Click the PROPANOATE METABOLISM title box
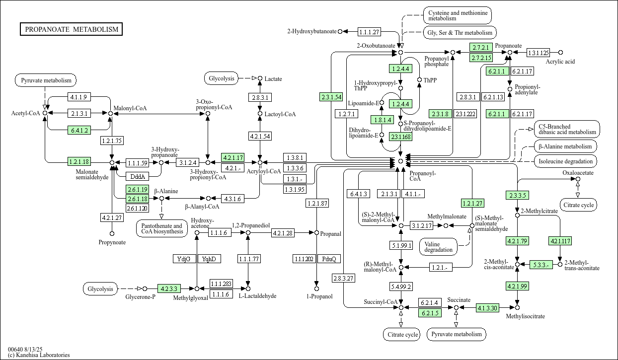coord(72,29)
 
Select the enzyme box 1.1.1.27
coord(369,32)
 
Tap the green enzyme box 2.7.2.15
coord(481,58)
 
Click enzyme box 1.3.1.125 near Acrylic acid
coord(538,52)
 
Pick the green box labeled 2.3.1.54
coord(331,97)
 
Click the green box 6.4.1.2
coord(79,131)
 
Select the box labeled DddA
coord(137,176)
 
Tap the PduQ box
coord(329,259)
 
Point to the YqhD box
coord(209,259)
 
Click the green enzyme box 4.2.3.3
coord(168,288)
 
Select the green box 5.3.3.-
coord(541,265)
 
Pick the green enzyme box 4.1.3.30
coord(487,308)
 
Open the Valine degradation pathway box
coord(439,246)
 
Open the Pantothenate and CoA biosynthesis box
coord(161,229)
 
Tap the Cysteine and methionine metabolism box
coord(457,15)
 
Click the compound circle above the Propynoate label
coord(112,233)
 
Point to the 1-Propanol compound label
coord(316,296)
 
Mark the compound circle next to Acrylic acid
coord(560,52)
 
